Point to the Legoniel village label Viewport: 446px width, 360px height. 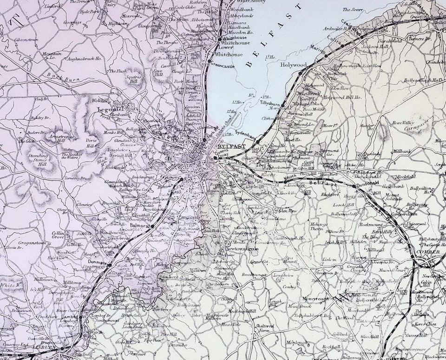109,110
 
